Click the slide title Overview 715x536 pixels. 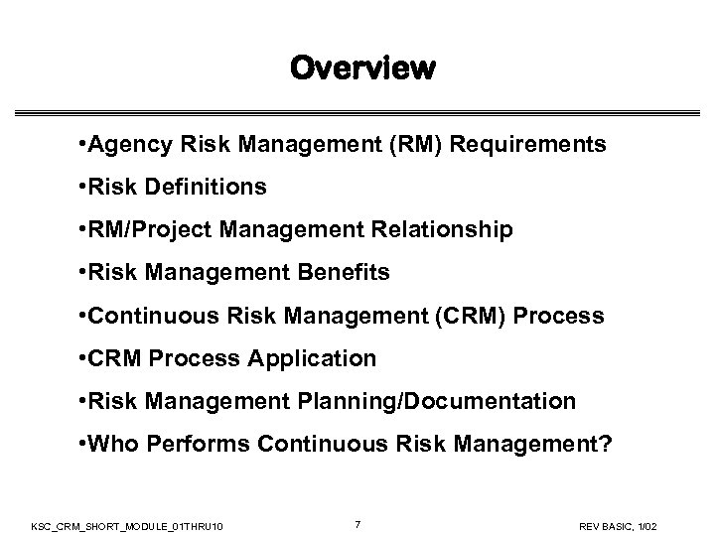[362, 68]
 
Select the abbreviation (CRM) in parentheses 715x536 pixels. [475, 316]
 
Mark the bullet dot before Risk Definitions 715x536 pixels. [80, 188]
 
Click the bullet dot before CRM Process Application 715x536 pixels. [80, 358]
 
